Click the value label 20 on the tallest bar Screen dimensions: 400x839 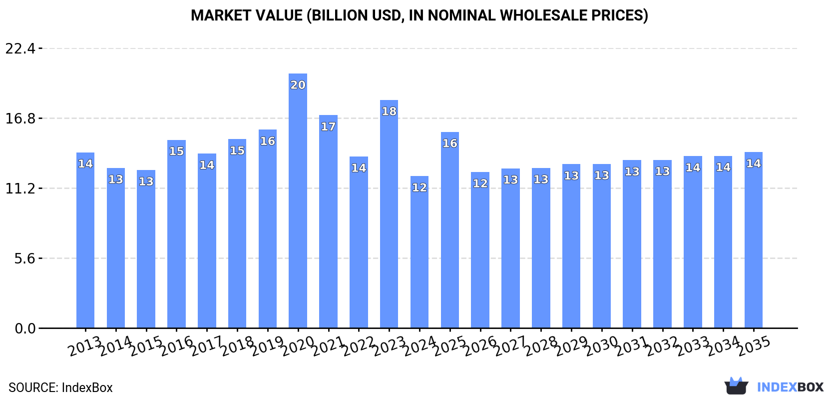pyautogui.click(x=298, y=85)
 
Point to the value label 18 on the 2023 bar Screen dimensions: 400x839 pyautogui.click(x=389, y=111)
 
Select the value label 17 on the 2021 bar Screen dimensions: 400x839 pyautogui.click(x=328, y=126)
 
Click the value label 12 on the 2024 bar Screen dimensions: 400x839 pyautogui.click(x=419, y=187)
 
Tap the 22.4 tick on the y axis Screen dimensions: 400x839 pyautogui.click(x=20, y=48)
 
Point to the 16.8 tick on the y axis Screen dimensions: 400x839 pyautogui.click(x=20, y=118)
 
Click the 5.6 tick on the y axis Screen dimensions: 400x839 pyautogui.click(x=25, y=258)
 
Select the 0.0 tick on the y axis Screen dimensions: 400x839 pyautogui.click(x=25, y=328)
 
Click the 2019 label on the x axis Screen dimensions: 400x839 pyautogui.click(x=267, y=345)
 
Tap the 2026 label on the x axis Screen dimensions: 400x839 pyautogui.click(x=479, y=345)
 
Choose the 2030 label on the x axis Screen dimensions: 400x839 pyautogui.click(x=601, y=345)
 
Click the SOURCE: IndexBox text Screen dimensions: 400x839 pyautogui.click(x=60, y=387)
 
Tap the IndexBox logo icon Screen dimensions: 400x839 pyautogui.click(x=736, y=386)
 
